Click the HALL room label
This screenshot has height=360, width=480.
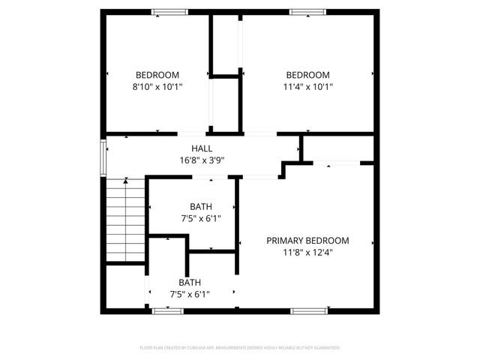click(202, 148)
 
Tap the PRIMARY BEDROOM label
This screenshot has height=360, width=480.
click(308, 241)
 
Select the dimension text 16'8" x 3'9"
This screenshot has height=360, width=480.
click(202, 160)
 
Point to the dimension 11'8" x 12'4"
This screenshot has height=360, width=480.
click(308, 253)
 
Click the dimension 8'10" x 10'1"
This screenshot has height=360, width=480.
click(157, 86)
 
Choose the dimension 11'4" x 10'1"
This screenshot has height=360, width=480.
click(308, 86)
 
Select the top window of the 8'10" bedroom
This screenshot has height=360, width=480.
click(169, 12)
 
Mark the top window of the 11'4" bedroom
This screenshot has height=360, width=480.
click(308, 12)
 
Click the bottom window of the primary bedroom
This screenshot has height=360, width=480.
click(308, 310)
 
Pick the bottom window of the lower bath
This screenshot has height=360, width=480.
click(168, 310)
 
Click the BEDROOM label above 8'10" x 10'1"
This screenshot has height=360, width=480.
click(157, 75)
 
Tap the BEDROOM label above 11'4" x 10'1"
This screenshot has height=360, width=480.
click(308, 75)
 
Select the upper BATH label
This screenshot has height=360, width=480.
click(200, 207)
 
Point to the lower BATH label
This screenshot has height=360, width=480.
click(190, 283)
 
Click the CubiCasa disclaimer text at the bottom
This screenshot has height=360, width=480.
click(240, 348)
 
